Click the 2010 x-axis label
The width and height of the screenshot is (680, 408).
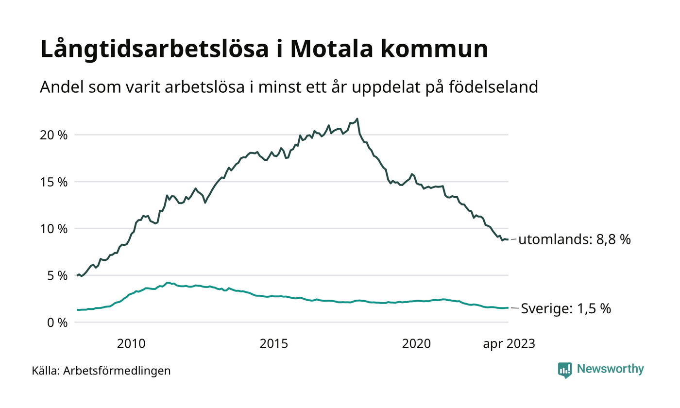tap(131, 344)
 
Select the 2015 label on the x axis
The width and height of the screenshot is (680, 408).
tap(274, 344)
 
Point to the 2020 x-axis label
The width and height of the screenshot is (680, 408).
tap(417, 344)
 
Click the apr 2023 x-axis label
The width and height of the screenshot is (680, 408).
tap(509, 344)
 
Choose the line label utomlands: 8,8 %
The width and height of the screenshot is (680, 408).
tap(575, 239)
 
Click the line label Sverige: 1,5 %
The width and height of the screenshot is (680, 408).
tap(566, 308)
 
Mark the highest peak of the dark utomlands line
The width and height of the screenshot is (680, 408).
tap(357, 119)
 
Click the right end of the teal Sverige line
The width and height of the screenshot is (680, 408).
tap(508, 307)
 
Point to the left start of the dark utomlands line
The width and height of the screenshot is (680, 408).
tap(77, 276)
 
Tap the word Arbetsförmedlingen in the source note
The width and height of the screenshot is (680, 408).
tap(117, 371)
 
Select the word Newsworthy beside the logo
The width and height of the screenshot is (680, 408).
tap(610, 369)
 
